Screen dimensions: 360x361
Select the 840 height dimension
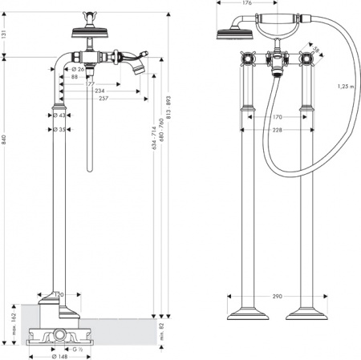click(5, 140)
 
